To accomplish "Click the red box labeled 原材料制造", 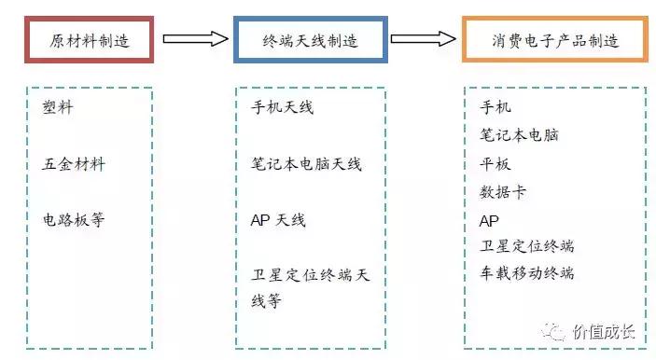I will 89,40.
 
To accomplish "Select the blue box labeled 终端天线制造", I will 310,40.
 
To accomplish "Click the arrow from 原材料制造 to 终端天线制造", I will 195,38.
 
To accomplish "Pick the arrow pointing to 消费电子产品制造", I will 423,38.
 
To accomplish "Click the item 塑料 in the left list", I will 58,107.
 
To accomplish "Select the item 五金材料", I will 75,164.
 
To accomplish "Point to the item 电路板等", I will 74,220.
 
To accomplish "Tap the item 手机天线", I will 283,107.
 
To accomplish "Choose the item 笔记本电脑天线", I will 306,164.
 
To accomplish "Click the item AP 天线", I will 278,220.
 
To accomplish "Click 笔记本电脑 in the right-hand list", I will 519,135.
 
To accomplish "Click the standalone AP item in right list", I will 489,221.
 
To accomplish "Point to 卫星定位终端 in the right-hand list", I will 526,246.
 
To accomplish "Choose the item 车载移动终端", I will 526,273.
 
